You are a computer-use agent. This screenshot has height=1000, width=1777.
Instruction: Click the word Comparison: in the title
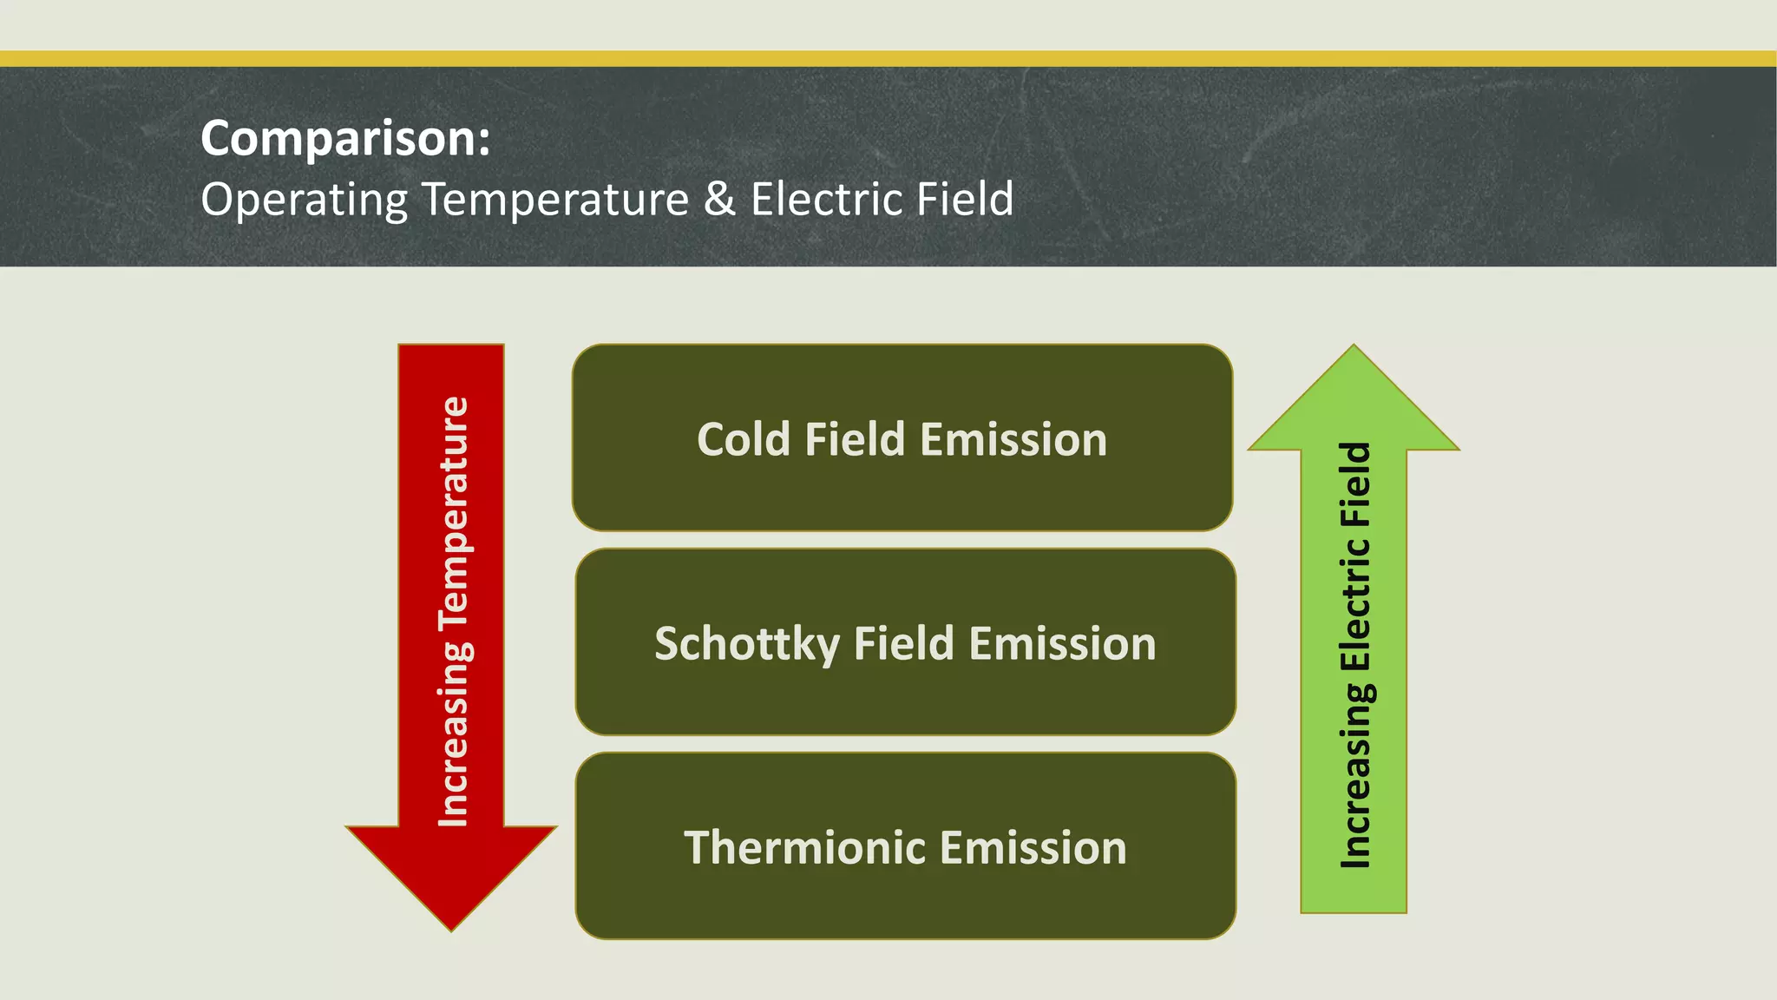[345, 139]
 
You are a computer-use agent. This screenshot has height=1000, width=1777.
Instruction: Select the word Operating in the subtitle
[304, 201]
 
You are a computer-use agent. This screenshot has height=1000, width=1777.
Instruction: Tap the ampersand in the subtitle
[719, 199]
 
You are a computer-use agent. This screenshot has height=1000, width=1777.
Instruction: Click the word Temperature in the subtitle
[555, 201]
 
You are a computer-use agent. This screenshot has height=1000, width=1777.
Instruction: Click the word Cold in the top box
[744, 439]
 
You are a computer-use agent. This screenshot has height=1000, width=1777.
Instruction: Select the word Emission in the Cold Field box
[1013, 439]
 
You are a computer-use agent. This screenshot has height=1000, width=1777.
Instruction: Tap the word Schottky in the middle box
[746, 645]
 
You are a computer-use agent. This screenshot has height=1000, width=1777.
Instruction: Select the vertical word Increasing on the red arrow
[453, 734]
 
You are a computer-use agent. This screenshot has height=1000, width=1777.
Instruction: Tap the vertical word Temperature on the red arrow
[453, 513]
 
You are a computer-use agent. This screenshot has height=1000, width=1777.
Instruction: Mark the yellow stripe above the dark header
[888, 58]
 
